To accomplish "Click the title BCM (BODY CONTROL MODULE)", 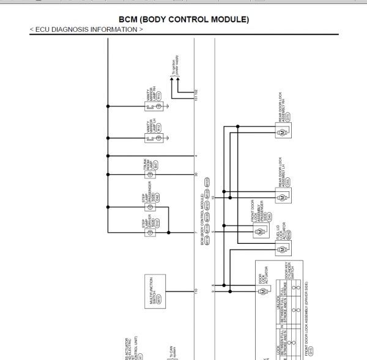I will tap(183, 20).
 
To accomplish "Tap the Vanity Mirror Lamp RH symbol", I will tap(159, 106).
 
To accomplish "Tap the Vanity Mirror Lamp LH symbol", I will tap(159, 139).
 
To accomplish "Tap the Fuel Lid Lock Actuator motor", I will tap(283, 249).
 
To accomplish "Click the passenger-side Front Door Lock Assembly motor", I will tap(259, 232).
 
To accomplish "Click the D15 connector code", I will tap(310, 351).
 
